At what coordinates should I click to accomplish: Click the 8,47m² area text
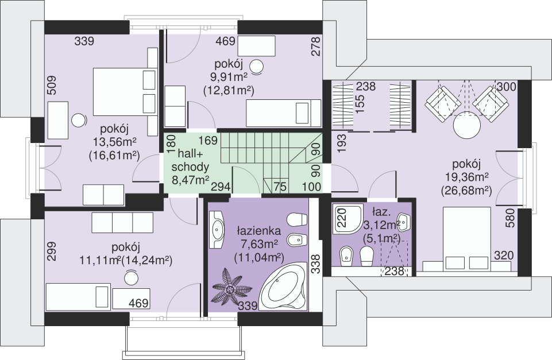pyautogui.click(x=190, y=180)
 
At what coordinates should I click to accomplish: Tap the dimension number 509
pyautogui.click(x=51, y=86)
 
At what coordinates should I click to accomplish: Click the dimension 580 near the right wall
pyautogui.click(x=511, y=218)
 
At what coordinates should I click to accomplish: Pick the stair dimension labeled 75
pyautogui.click(x=280, y=187)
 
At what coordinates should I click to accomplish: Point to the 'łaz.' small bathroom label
pyautogui.click(x=381, y=212)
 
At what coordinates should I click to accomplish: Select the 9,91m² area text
pyautogui.click(x=229, y=78)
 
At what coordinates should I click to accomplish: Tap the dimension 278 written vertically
pyautogui.click(x=316, y=47)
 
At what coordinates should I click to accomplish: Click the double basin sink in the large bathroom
pyautogui.click(x=217, y=230)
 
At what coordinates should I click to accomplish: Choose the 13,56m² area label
pyautogui.click(x=114, y=142)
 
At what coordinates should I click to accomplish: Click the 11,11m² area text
pyautogui.click(x=100, y=261)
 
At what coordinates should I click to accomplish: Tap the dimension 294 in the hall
pyautogui.click(x=221, y=187)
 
